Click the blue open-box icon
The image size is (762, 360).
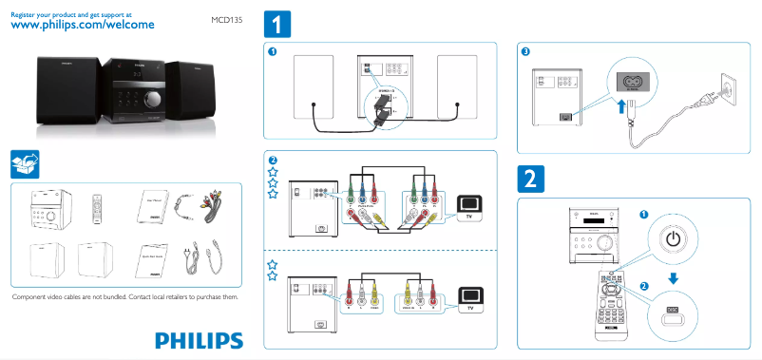click(x=25, y=163)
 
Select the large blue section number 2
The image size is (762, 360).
click(x=530, y=179)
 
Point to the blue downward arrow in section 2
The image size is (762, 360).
click(x=672, y=278)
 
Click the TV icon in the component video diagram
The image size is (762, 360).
click(x=469, y=204)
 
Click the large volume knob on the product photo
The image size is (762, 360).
click(x=151, y=97)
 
